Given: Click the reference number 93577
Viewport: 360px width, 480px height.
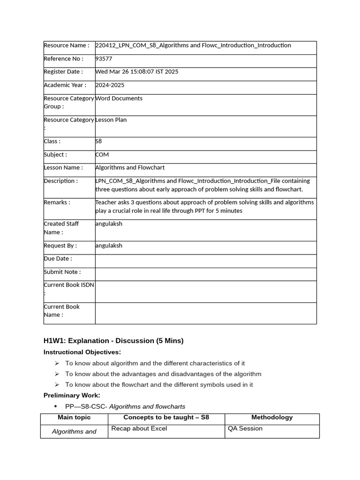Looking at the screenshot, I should pos(104,59).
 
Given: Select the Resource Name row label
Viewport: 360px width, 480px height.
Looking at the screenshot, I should pos(66,45).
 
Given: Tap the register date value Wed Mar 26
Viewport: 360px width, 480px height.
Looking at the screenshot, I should pos(136,72).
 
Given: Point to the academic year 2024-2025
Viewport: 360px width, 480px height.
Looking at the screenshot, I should pos(110,85).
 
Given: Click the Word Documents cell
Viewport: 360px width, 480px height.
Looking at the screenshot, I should pos(119,98).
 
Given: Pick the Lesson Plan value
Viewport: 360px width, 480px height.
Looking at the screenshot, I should pos(111,120).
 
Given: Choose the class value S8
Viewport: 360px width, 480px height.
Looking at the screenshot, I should pos(98,141).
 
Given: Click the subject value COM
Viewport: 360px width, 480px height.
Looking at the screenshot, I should pos(102,154).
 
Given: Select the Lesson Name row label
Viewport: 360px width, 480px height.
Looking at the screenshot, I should pos(63,167).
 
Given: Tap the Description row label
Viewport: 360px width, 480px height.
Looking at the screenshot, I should pos(61,181).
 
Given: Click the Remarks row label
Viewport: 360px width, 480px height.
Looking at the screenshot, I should pos(57,202).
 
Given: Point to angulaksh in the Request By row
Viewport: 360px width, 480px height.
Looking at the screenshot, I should pos(108,245).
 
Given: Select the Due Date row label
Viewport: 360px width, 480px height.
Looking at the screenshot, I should pos(58,258).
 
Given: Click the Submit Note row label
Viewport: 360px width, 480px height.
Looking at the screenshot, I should pos(62,272).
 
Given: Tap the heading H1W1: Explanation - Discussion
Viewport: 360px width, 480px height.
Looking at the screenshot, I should pos(113,341).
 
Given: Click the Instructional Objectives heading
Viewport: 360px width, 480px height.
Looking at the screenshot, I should pos(82,352).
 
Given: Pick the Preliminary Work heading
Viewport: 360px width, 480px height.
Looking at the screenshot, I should pos(72,395).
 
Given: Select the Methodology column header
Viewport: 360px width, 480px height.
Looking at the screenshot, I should pos(272,417).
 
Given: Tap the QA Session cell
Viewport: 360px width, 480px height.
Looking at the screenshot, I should pos(245,428).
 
